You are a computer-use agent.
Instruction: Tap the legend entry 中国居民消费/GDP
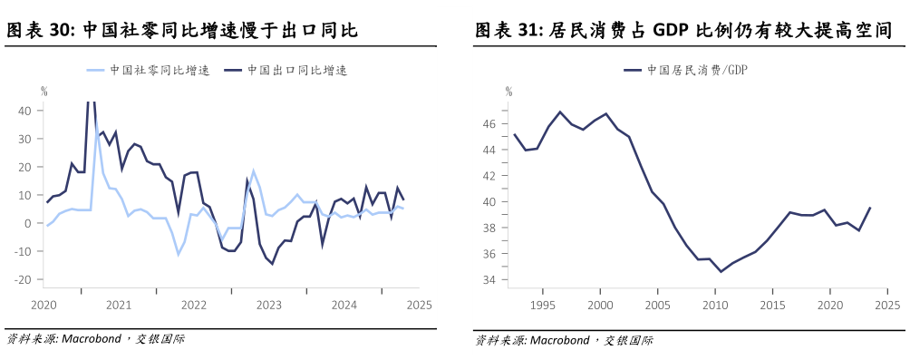pos(699,69)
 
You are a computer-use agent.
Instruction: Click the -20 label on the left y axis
pos(24,280)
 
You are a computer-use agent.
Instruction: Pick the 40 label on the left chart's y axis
pos(25,111)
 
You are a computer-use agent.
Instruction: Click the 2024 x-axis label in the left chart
pos(344,305)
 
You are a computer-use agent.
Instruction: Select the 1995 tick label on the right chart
pos(542,305)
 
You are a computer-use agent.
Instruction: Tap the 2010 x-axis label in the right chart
pos(715,305)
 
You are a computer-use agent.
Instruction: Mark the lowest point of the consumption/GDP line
pos(721,271)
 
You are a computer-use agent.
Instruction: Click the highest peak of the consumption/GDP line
pos(560,112)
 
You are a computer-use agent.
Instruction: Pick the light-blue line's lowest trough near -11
pos(178,254)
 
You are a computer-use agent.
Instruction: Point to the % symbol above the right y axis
pos(508,91)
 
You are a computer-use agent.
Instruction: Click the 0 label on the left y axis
pos(29,224)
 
